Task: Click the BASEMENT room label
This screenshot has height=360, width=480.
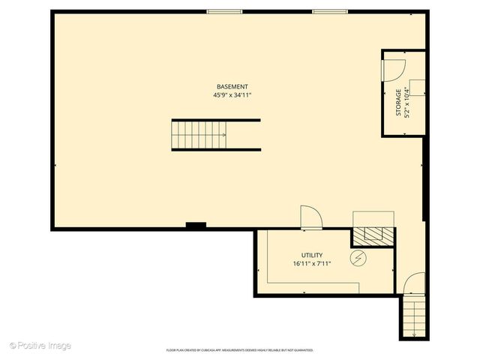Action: [x=232, y=87]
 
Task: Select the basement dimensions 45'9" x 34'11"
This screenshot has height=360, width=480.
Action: [x=232, y=95]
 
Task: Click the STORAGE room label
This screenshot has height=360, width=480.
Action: [x=398, y=103]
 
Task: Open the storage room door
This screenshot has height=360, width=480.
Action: [x=393, y=69]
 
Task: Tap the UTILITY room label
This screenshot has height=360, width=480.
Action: [x=312, y=256]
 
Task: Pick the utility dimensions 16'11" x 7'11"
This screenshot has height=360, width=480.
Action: [x=312, y=264]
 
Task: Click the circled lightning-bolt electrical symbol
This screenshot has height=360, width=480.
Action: [x=359, y=259]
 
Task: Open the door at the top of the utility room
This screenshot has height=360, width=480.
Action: [x=310, y=217]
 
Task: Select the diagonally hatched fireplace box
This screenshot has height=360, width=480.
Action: [x=373, y=235]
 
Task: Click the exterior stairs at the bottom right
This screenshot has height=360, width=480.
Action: [x=414, y=315]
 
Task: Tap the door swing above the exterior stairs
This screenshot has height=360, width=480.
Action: [x=413, y=284]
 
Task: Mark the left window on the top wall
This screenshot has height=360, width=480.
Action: [x=224, y=11]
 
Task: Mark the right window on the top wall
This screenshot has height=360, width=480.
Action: [x=330, y=11]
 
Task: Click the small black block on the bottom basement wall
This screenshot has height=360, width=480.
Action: [x=196, y=225]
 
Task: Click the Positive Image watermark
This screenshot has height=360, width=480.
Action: [x=40, y=346]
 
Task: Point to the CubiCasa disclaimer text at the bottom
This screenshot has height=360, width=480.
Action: [x=240, y=350]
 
